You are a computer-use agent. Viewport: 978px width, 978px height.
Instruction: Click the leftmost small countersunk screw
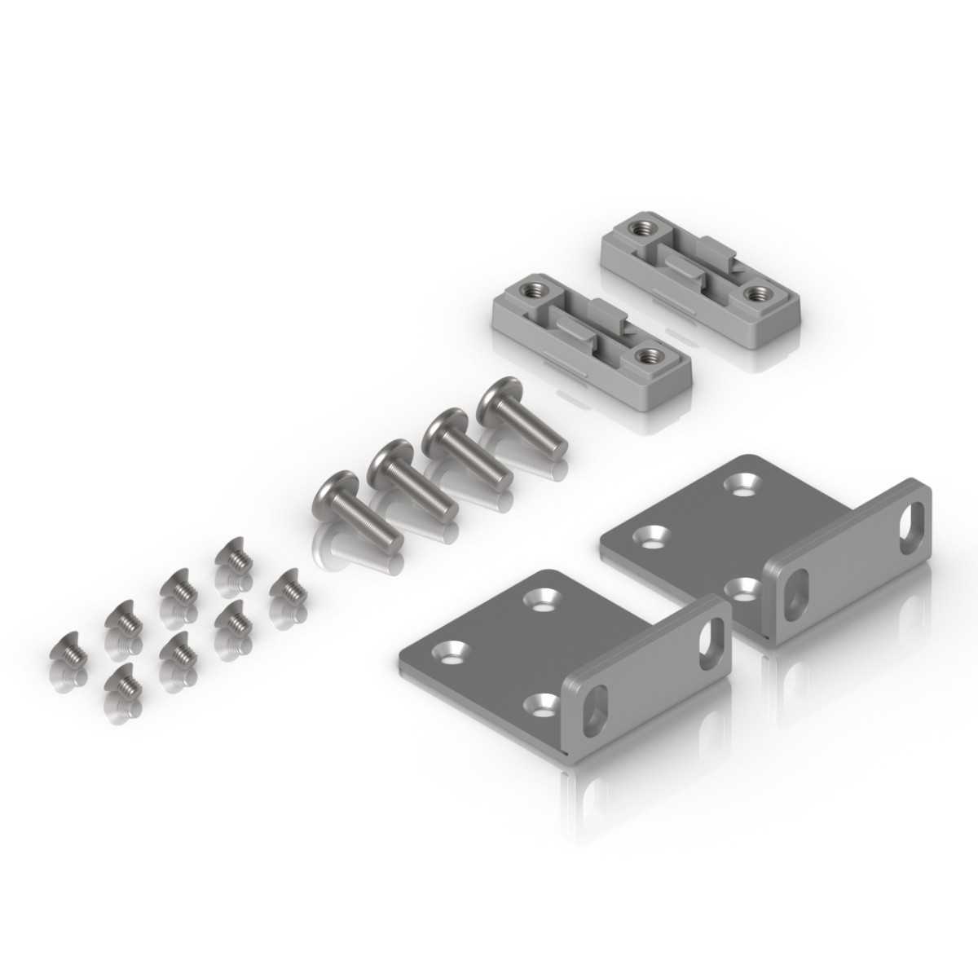tap(68, 650)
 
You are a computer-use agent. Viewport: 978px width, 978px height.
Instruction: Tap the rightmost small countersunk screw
tap(286, 585)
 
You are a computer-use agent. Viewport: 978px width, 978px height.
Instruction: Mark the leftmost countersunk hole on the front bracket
tap(449, 650)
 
